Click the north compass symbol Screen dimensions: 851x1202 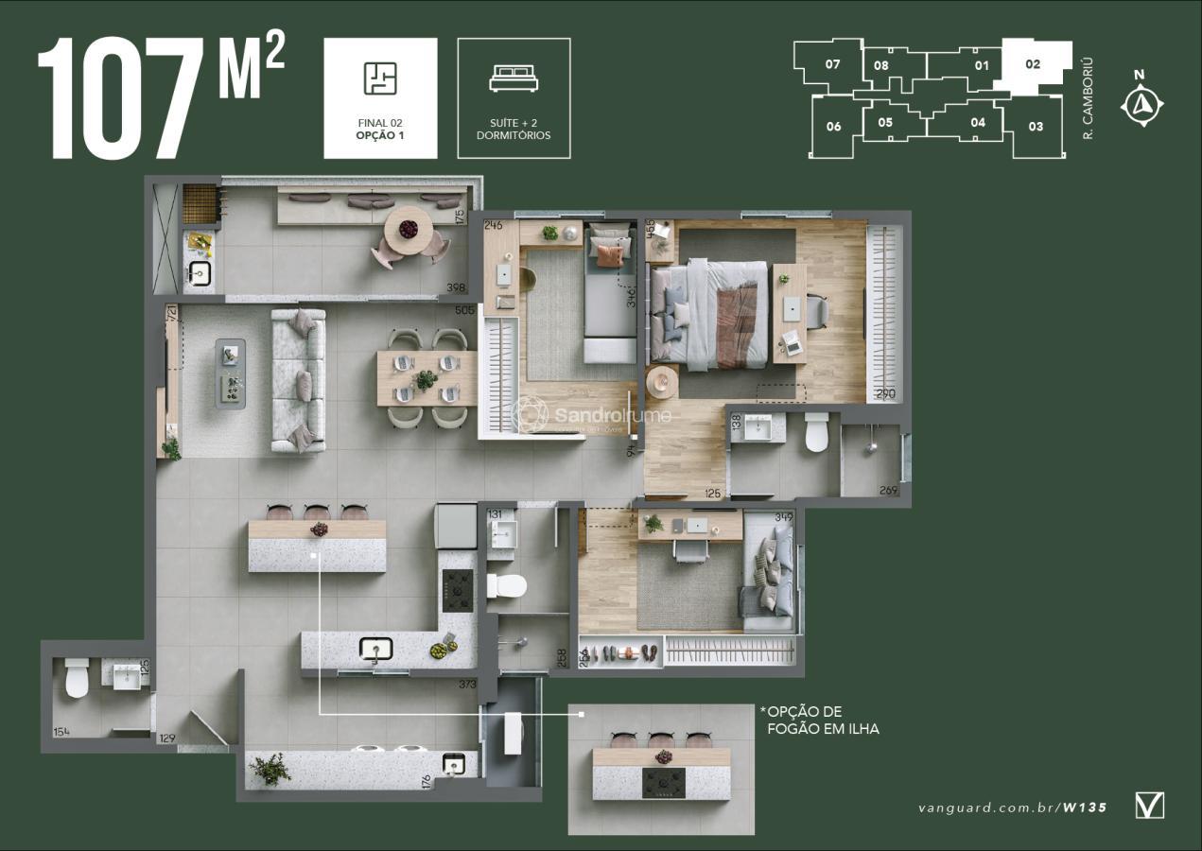point(1141,103)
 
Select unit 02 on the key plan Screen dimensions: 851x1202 point(1033,65)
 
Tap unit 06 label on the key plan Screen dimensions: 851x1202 point(833,127)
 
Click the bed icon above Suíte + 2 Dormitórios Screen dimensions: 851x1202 point(514,78)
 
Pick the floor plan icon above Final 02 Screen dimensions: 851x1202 point(380,78)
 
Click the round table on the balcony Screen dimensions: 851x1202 point(409,229)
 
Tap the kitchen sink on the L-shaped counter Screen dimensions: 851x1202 point(375,649)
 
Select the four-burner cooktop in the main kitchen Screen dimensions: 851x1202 point(458,591)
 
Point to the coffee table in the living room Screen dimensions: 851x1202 point(230,373)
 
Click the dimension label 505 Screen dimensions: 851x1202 point(464,309)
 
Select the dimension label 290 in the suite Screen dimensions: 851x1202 point(885,393)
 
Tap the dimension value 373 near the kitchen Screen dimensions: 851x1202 point(466,685)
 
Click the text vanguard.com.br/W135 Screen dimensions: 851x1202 point(1012,808)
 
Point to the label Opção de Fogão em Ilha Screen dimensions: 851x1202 point(819,720)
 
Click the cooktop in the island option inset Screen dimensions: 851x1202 point(664,783)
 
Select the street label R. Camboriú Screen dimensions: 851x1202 point(1088,98)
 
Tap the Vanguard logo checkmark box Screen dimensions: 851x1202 point(1149,806)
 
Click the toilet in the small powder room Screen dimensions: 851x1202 point(77,677)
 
